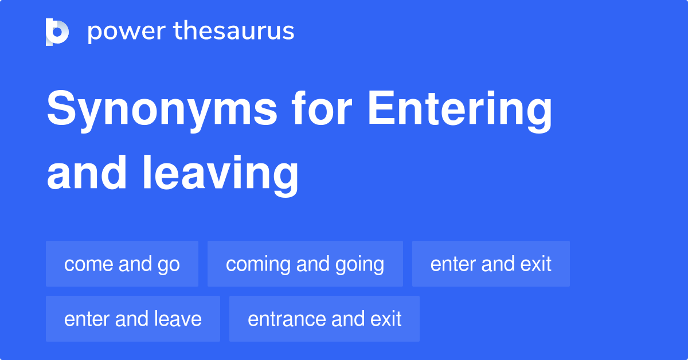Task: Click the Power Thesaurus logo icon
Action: (57, 32)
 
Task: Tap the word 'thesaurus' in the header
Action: (234, 32)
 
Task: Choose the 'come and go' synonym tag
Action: (122, 264)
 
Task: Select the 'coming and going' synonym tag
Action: (305, 264)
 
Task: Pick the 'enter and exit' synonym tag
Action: (491, 264)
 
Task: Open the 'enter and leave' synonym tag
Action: (133, 319)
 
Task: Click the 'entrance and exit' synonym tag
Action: (325, 319)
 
